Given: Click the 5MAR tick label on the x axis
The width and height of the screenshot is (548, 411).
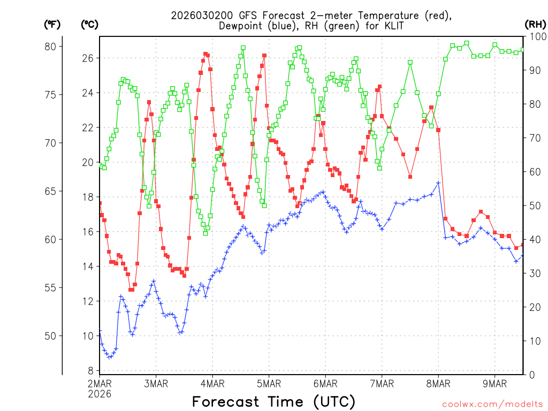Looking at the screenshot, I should tap(269, 383).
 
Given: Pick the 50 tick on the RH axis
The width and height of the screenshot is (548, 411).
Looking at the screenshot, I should tap(535, 205).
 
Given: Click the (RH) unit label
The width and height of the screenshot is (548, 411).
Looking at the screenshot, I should tap(535, 24).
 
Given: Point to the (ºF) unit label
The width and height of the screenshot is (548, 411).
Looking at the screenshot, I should tap(52, 24).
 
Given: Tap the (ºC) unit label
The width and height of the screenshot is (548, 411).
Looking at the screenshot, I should tap(89, 24).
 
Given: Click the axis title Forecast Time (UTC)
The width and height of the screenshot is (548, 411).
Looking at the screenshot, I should tap(273, 401).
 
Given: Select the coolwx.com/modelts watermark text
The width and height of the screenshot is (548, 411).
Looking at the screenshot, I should tap(492, 404).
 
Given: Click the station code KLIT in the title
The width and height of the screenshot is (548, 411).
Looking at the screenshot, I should tap(392, 26).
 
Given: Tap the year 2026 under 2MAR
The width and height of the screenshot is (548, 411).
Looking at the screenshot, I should tap(100, 393).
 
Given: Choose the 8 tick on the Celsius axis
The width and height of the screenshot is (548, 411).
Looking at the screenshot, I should tap(90, 371).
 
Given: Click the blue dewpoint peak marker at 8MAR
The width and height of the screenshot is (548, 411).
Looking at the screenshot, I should tap(438, 183).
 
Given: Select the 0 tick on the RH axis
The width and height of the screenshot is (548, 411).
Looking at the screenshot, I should tap(532, 375).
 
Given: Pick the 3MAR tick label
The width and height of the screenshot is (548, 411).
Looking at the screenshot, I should tap(156, 383).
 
